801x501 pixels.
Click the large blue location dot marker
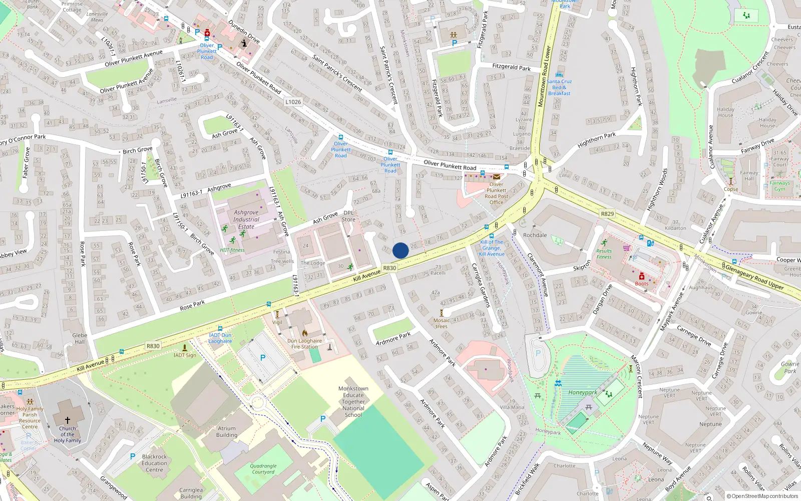point(400,250)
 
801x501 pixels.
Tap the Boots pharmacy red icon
point(642,276)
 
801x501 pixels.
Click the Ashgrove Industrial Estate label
point(246,219)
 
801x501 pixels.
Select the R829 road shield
point(607,214)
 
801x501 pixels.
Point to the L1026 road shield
point(293,102)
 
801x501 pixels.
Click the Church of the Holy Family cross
point(68,420)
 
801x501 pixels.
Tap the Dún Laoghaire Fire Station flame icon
point(304,333)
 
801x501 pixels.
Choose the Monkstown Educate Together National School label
point(353,402)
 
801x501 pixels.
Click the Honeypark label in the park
point(582,393)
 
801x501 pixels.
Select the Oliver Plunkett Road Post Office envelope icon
point(496,177)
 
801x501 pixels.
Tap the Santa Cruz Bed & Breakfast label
point(559,87)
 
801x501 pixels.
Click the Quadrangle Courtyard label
point(263,469)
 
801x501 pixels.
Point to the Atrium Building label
point(227,432)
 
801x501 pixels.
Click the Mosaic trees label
point(442,323)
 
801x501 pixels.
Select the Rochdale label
point(535,235)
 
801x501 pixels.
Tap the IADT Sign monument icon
point(185,347)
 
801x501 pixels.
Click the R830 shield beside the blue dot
point(389,268)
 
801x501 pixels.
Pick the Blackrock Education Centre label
point(154,463)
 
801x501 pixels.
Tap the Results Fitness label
point(604,254)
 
